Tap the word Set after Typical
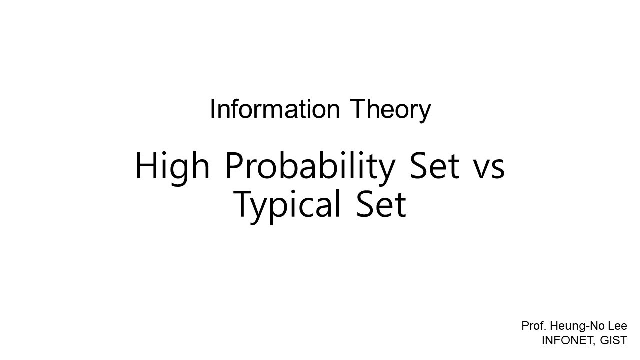[x=381, y=204]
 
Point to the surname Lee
[x=616, y=326]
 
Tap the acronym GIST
[x=614, y=340]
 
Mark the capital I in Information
[x=212, y=109]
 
